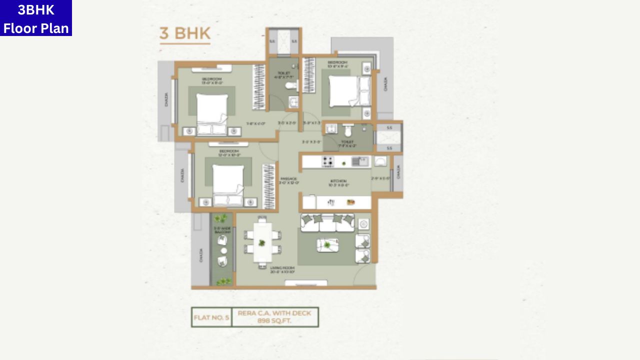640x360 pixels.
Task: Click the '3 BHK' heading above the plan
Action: coord(185,33)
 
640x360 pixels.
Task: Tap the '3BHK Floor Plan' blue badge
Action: coord(36,18)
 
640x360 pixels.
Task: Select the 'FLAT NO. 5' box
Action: coord(211,317)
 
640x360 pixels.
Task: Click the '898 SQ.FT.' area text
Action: coord(274,321)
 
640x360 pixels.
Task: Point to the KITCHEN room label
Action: coord(338,181)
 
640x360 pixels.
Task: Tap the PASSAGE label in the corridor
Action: coord(289,178)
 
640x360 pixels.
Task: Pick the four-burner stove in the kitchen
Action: coord(328,161)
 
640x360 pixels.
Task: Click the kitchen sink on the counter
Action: coord(359,161)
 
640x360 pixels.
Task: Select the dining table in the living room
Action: coord(262,242)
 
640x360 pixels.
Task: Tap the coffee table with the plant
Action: coord(327,245)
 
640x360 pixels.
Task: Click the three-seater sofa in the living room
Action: coord(327,222)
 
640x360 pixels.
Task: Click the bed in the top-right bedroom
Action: coord(345,91)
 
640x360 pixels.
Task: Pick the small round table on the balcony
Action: coord(223,250)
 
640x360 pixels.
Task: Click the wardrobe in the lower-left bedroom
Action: coord(269,186)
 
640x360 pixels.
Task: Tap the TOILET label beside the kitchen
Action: coord(347,142)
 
